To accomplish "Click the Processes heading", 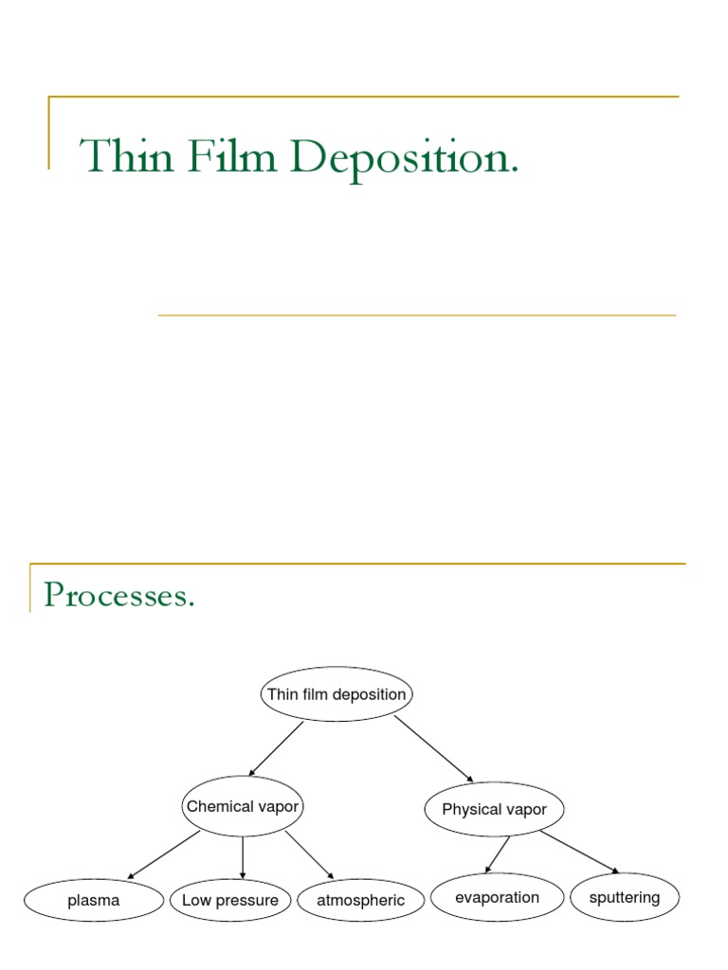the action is (119, 596).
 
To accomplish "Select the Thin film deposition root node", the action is (337, 694).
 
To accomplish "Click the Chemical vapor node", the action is (243, 807).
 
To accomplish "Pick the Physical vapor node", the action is (494, 810).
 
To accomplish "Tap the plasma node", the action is (94, 900).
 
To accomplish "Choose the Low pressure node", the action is (230, 900).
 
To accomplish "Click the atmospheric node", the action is (360, 900).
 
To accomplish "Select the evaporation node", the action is (497, 897).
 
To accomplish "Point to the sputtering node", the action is (625, 897).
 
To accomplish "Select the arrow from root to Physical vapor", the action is (433, 748).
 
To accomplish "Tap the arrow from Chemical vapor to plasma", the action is (164, 854).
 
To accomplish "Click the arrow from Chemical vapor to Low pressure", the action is (243, 857).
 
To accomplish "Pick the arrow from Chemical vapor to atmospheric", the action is (309, 854).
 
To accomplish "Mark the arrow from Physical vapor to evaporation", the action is (498, 854).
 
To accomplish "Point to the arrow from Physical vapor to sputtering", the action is (579, 852).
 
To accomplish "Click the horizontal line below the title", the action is (417, 314).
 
